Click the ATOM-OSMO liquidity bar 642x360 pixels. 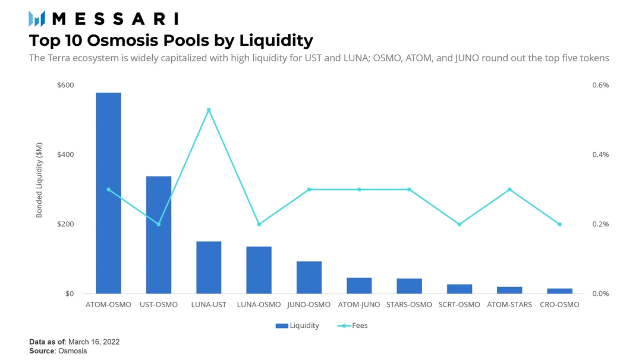(x=108, y=193)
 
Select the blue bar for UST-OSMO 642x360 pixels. (x=159, y=235)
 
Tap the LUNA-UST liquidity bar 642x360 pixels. (x=209, y=267)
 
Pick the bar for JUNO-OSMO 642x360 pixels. (x=309, y=277)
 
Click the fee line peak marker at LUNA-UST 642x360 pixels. (x=209, y=110)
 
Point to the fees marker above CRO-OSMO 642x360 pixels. (x=559, y=224)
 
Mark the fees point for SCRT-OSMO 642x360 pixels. (x=459, y=224)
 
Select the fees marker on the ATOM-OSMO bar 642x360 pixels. (x=108, y=190)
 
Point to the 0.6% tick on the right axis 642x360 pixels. (x=600, y=85)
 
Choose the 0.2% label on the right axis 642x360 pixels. (x=600, y=224)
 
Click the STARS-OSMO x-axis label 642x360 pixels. (x=409, y=305)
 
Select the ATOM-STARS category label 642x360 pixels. (x=509, y=305)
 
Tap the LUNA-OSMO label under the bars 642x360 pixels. (x=259, y=305)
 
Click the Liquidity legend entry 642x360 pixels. (x=297, y=326)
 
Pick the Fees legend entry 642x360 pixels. (x=353, y=326)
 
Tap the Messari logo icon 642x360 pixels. (x=37, y=19)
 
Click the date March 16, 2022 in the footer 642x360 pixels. (x=94, y=342)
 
